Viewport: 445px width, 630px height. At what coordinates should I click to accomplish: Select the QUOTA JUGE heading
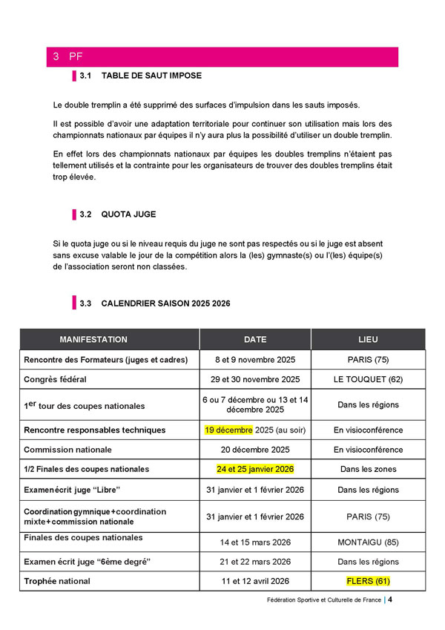128,214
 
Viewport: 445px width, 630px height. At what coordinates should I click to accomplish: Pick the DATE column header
255,339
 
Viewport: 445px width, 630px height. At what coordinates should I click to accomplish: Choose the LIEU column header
368,339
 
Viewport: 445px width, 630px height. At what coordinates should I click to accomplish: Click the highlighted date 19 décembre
229,430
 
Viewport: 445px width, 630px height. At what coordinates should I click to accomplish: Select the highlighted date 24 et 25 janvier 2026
255,469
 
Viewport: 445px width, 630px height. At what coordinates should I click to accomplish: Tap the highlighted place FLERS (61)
368,581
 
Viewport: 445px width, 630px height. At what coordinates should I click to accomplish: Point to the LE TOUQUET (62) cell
368,379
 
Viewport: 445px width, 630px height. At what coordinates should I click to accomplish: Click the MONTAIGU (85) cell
368,542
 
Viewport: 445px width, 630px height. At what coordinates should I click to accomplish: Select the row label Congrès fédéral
56,379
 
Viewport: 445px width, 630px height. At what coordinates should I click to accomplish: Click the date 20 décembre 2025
255,450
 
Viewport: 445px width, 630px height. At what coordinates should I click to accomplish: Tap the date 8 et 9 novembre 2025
255,360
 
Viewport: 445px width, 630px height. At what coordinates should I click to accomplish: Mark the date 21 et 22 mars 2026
255,562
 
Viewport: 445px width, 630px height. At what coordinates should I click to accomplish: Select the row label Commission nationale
68,450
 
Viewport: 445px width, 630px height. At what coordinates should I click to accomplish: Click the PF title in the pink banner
76,56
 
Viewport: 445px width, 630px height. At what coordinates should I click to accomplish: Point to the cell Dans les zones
368,469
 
